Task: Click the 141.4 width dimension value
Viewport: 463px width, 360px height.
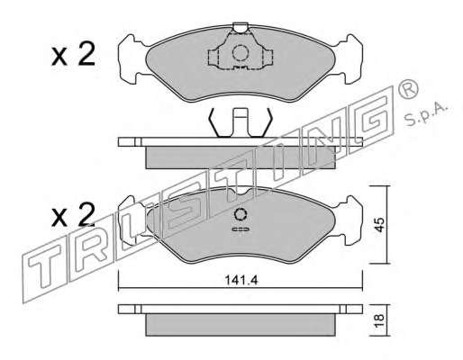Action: pyautogui.click(x=241, y=280)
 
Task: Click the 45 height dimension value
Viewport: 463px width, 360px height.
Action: pyautogui.click(x=379, y=225)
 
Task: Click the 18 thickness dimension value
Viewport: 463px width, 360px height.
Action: pyautogui.click(x=379, y=321)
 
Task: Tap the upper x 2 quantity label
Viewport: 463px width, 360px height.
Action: pyautogui.click(x=73, y=54)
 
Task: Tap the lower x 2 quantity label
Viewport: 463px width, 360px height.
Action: pyautogui.click(x=73, y=215)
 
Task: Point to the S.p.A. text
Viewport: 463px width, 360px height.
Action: pyautogui.click(x=427, y=114)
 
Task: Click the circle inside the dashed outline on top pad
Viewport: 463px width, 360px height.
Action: pyautogui.click(x=241, y=53)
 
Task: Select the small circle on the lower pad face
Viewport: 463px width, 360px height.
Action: pyautogui.click(x=241, y=214)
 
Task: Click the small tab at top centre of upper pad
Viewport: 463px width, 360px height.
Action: pyautogui.click(x=241, y=28)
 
